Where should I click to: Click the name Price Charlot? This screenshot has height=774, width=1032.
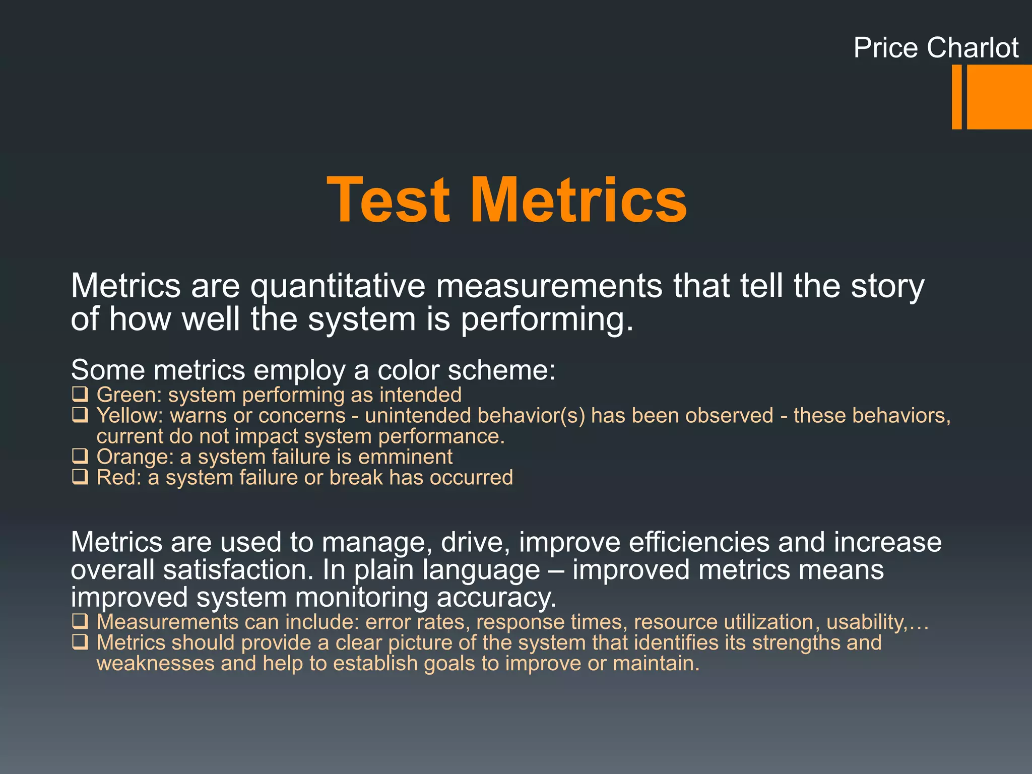point(936,48)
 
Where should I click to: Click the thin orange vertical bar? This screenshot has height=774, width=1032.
point(956,97)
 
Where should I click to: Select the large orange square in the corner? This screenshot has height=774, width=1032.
point(999,97)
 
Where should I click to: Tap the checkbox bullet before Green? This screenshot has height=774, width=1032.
point(80,394)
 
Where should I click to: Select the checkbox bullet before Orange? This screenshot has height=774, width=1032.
point(80,456)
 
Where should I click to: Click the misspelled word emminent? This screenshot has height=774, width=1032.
point(405,457)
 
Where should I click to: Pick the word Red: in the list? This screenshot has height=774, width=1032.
point(119,478)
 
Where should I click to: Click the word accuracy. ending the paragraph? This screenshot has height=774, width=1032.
point(496,598)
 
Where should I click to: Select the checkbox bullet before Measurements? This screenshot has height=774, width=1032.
point(80,621)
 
